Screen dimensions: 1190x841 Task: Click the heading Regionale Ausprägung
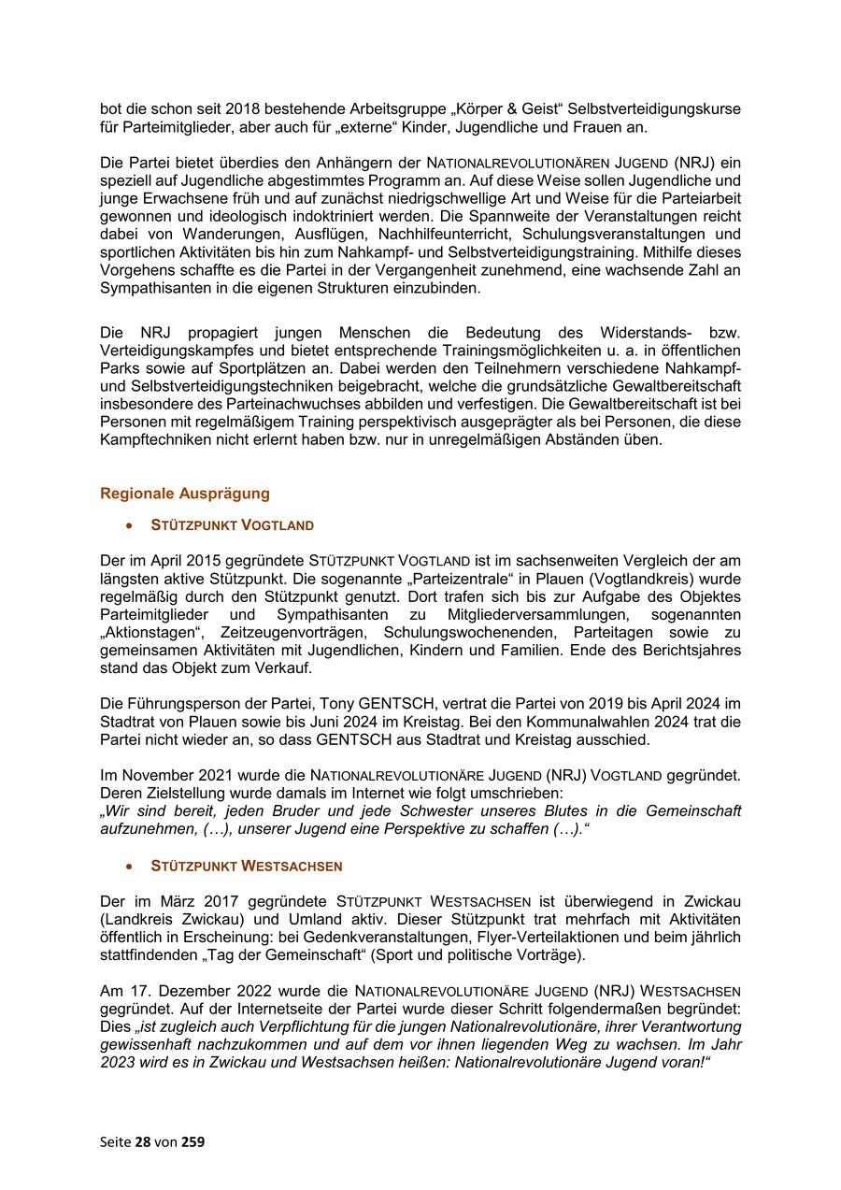point(185,494)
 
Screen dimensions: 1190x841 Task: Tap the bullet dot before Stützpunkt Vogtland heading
point(130,526)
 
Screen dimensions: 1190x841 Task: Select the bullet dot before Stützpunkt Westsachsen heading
point(130,867)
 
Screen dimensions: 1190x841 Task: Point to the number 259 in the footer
point(192,1141)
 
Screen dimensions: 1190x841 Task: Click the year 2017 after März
point(225,901)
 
